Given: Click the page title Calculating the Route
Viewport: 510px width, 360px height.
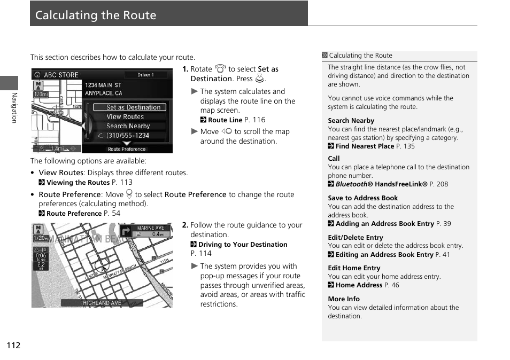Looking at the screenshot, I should click(96, 15).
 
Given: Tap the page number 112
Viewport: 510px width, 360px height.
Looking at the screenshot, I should click(13, 345).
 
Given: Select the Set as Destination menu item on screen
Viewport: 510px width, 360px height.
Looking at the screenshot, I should click(133, 107).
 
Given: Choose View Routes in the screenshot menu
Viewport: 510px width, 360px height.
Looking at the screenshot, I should click(125, 116).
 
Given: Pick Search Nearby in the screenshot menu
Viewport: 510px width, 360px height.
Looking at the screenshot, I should click(128, 126).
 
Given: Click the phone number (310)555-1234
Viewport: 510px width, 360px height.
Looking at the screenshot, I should click(127, 136).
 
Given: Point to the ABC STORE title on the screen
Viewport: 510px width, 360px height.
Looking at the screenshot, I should click(60, 75).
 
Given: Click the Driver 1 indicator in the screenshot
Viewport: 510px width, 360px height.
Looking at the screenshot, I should click(145, 75).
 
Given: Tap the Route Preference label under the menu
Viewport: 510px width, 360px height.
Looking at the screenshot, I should click(127, 149).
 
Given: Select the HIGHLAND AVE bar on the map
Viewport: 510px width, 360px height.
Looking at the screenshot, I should click(102, 303).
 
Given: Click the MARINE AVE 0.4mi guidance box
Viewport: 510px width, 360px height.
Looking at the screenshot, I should click(151, 231).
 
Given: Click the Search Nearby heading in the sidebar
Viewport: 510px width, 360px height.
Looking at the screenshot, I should click(351, 121).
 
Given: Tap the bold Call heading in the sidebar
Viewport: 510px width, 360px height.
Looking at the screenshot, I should click(334, 159).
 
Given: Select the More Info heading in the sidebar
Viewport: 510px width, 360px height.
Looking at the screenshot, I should click(344, 299).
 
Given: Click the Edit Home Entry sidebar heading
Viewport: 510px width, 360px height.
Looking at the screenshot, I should click(354, 268).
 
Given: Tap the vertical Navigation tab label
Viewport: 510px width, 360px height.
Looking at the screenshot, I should click(14, 107).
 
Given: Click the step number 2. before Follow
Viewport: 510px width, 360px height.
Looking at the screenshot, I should click(185, 225).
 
